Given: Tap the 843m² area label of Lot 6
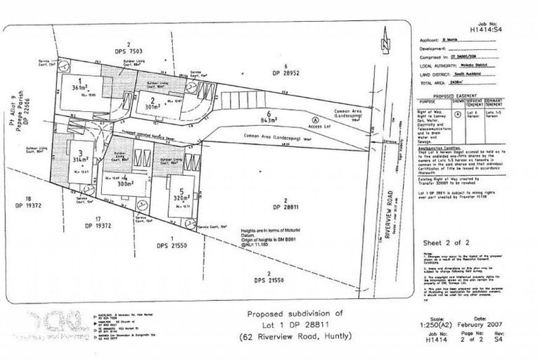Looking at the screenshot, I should click(x=266, y=122).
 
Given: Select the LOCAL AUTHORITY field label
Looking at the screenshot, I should click(x=444, y=63).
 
